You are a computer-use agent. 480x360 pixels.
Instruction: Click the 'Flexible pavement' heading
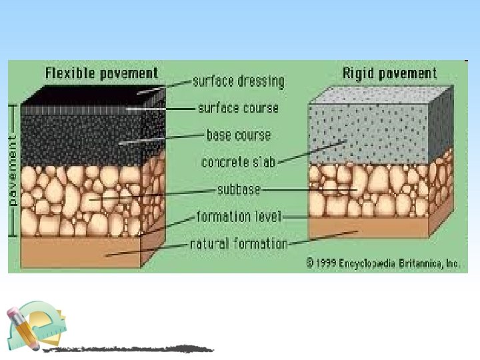(x=101, y=73)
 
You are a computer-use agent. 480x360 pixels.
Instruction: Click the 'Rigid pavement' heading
(x=389, y=73)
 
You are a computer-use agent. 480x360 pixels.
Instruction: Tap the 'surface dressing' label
(x=238, y=81)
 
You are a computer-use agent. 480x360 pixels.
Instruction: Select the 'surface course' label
(x=238, y=107)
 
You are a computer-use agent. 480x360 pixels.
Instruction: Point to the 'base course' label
(x=238, y=135)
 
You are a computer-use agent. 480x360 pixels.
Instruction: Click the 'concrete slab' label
(x=238, y=162)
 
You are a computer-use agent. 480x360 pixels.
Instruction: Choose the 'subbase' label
(x=238, y=189)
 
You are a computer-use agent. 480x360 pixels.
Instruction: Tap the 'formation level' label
(x=239, y=217)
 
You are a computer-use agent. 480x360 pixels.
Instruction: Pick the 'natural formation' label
(x=239, y=243)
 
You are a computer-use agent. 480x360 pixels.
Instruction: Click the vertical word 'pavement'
(x=12, y=170)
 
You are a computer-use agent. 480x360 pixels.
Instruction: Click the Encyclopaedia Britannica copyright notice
(x=383, y=263)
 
